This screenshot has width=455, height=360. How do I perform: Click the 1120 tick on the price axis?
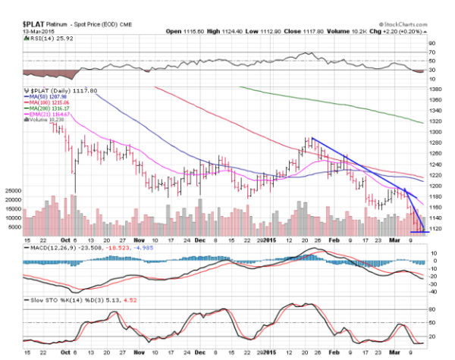pos(436,228)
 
